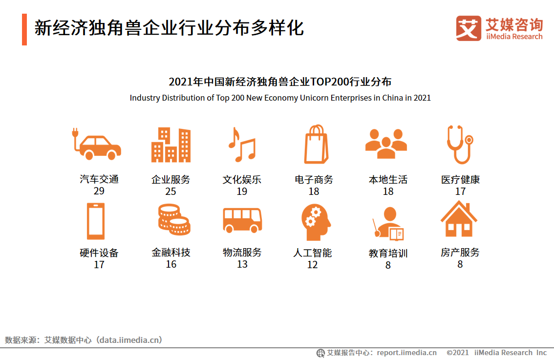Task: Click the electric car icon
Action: tap(96, 145)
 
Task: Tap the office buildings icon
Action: tap(170, 145)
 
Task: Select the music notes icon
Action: tap(241, 145)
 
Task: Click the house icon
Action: tap(459, 219)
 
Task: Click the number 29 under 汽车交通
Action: tap(99, 191)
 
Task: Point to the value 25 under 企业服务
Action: tap(170, 191)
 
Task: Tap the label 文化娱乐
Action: tap(242, 180)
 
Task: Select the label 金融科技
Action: tap(170, 253)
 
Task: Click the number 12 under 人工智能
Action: tap(313, 265)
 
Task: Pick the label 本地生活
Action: tap(388, 180)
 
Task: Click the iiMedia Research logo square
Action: tap(468, 28)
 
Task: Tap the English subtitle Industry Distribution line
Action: tap(280, 98)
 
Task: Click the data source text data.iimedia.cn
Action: tap(129, 340)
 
